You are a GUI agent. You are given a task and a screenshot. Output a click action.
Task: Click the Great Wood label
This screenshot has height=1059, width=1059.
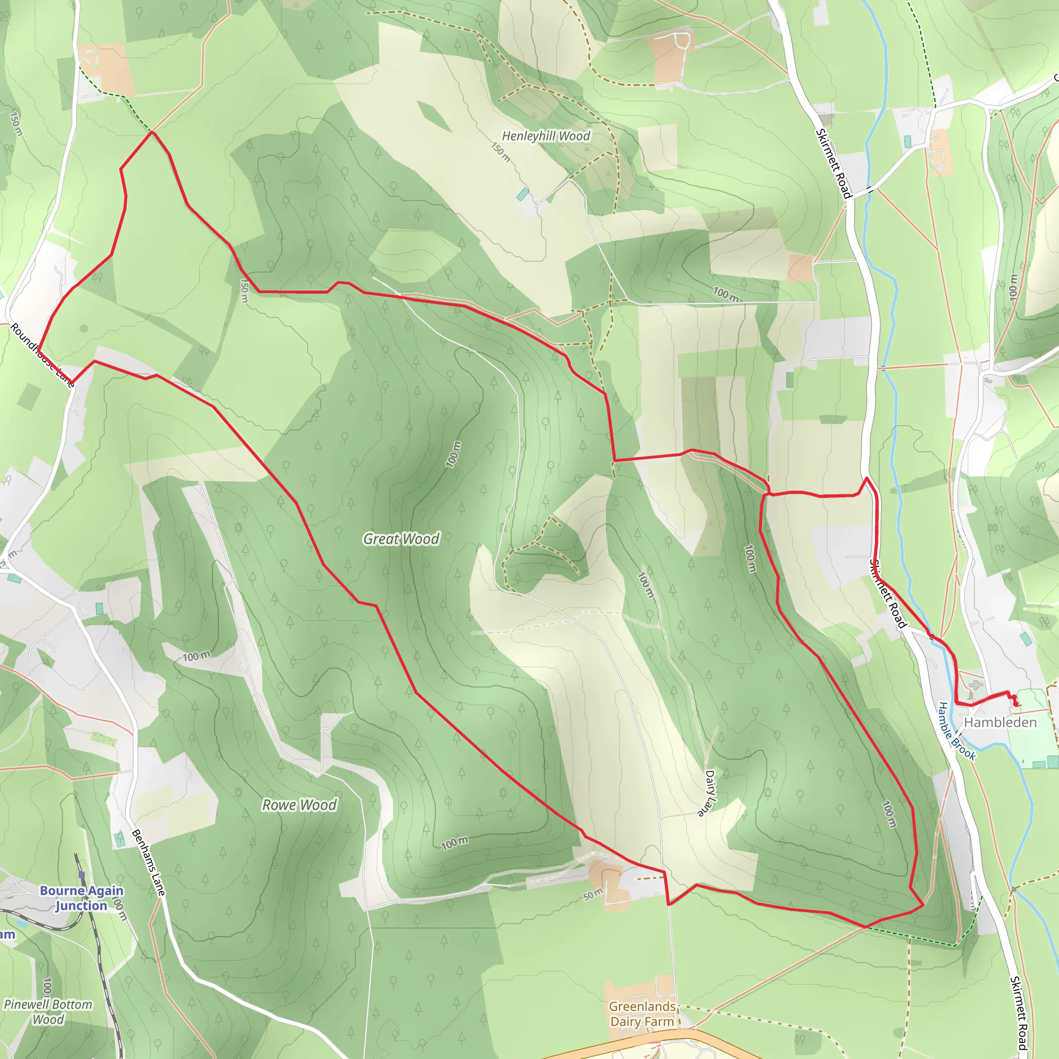[401, 539]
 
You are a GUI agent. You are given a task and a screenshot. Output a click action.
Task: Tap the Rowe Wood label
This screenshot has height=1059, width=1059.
[299, 805]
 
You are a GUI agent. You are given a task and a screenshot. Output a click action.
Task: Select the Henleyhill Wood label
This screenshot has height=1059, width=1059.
[546, 136]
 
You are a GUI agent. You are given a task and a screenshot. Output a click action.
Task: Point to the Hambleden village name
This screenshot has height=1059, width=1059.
[1000, 722]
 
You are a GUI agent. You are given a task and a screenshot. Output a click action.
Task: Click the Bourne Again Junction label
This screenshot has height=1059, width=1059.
[81, 898]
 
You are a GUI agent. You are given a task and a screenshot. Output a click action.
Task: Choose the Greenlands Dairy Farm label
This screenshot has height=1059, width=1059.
[642, 1014]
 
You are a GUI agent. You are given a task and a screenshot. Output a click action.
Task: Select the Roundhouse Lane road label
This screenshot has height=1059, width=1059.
[42, 355]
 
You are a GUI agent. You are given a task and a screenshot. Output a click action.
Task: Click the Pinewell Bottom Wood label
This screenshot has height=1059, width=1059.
[48, 1012]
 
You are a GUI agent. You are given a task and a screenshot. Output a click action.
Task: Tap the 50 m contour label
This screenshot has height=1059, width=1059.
[593, 895]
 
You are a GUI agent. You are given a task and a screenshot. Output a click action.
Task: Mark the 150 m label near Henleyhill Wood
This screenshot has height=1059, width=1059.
[501, 153]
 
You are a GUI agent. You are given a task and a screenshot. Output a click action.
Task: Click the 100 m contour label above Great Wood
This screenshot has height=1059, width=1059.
[453, 454]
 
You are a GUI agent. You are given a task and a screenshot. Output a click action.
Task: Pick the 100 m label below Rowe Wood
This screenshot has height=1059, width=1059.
[455, 843]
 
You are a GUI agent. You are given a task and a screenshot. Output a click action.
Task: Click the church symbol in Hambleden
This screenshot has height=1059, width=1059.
[975, 685]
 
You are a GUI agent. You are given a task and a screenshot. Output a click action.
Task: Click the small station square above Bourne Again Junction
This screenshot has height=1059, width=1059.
[82, 874]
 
